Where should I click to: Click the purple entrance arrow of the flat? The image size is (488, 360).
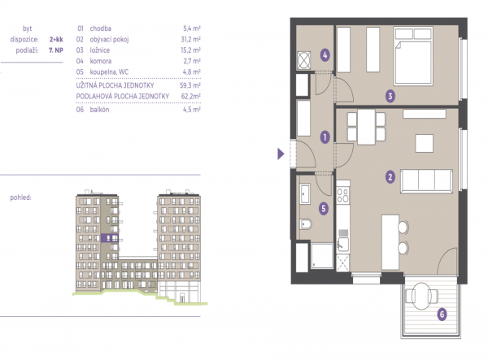pos(281,154)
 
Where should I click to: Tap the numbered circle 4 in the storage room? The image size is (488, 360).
pos(325,55)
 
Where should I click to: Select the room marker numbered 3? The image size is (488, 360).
pos(390,96)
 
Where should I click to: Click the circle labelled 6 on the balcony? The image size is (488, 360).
pos(442,314)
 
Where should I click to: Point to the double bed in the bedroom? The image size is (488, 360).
pos(413,55)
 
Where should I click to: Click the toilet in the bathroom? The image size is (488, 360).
pos(306,223)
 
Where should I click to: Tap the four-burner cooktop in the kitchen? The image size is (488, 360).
pos(343,196)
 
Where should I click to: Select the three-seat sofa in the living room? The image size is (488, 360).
pos(426,181)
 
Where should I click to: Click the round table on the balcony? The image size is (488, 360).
pos(421,296)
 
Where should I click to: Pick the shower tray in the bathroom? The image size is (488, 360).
pos(322,255)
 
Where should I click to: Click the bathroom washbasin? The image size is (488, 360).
pos(305,194)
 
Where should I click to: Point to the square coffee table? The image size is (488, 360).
pos(425,143)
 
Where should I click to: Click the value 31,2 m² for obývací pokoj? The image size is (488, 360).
pos(192,40)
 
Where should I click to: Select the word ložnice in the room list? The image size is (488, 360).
pos(99,50)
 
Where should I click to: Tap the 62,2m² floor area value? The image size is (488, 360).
pos(191,97)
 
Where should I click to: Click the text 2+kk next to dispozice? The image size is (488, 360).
pos(56,40)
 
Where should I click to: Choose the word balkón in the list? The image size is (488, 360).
pos(99,110)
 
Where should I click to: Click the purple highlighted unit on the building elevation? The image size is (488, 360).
pos(110,238)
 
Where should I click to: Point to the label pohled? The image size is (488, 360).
pos(20,197)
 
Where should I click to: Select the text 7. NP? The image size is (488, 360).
pos(56,50)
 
